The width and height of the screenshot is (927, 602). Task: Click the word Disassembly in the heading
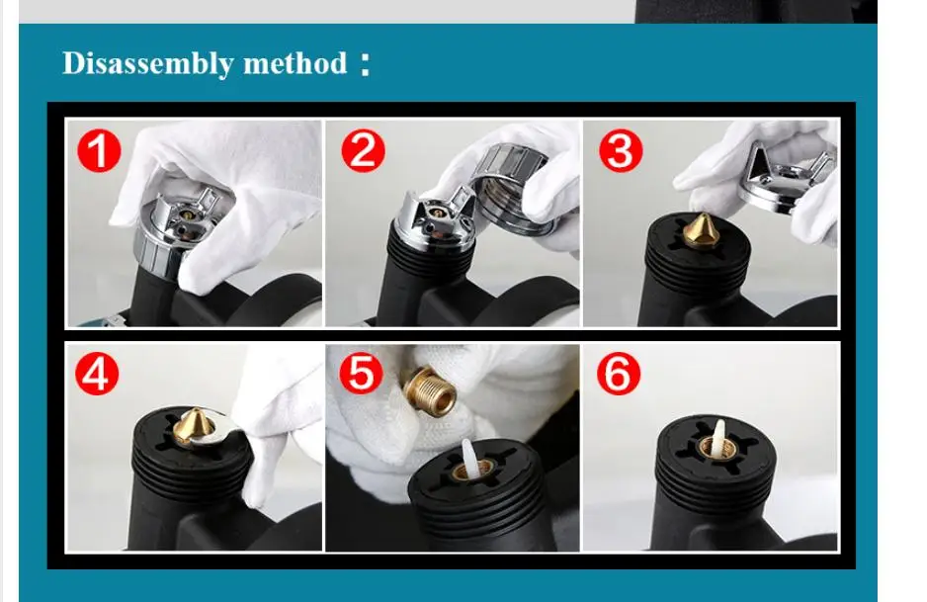pos(147,63)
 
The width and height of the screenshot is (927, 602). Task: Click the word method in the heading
pos(295,62)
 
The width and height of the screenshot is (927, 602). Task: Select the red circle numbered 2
pos(363,150)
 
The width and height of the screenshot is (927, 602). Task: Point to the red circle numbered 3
pos(621,150)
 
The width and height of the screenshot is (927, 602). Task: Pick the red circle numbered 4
pos(97,374)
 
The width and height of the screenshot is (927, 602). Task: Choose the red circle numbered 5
pos(362,373)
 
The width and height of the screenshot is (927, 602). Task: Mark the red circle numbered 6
pos(619,374)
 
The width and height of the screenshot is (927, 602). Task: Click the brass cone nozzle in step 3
pos(701,230)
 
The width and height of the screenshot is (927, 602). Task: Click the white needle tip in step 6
pos(719,439)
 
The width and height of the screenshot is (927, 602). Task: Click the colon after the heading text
pos(366,64)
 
